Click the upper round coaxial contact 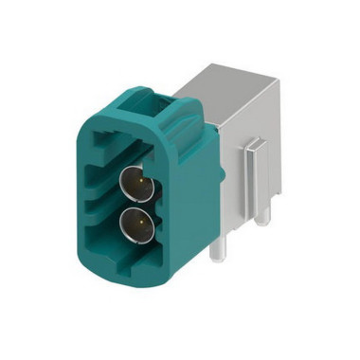[134, 181]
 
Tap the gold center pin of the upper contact [134, 180]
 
